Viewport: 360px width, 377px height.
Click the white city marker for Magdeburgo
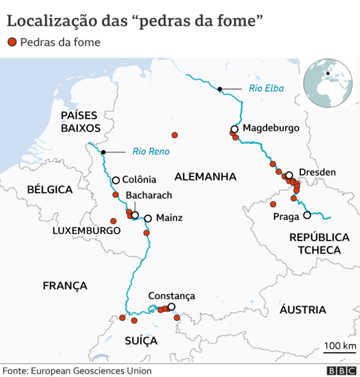(234, 129)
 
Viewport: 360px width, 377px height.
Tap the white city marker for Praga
(307, 215)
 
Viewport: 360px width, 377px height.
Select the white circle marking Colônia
(116, 180)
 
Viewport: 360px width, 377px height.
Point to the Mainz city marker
(148, 218)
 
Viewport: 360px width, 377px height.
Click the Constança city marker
(171, 306)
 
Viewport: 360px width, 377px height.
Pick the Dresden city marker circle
(289, 175)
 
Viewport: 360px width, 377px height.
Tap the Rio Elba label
(266, 88)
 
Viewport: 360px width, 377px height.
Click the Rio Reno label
(151, 151)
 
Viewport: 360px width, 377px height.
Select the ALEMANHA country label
(205, 177)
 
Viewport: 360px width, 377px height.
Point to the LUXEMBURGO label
(87, 231)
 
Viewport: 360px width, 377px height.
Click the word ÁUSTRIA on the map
(303, 310)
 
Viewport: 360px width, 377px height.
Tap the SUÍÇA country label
(141, 341)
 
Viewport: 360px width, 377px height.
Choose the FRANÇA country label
(65, 285)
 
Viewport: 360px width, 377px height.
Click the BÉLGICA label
(50, 190)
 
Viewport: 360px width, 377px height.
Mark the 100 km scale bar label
(340, 345)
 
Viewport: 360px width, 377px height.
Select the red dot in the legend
(12, 42)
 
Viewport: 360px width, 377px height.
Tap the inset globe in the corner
(327, 83)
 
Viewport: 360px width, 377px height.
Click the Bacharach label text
(149, 195)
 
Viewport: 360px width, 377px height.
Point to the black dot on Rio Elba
(220, 88)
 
